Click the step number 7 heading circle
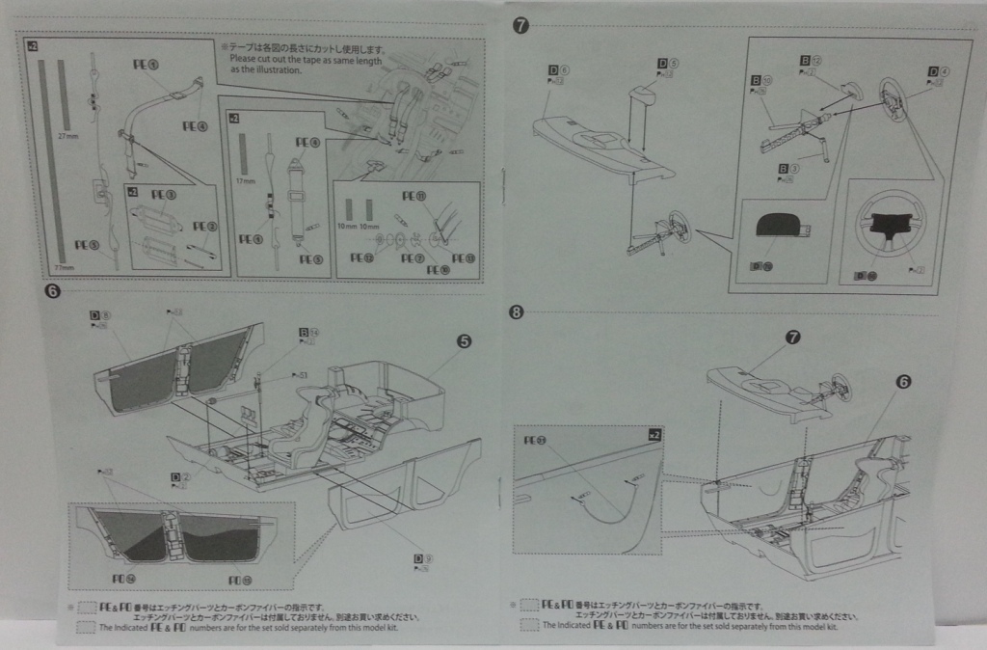[x=520, y=26]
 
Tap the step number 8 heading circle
[x=518, y=311]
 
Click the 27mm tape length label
[x=66, y=139]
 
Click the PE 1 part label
[x=147, y=65]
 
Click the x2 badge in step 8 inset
[x=654, y=435]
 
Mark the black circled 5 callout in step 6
[x=464, y=341]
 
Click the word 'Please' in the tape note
[x=247, y=58]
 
